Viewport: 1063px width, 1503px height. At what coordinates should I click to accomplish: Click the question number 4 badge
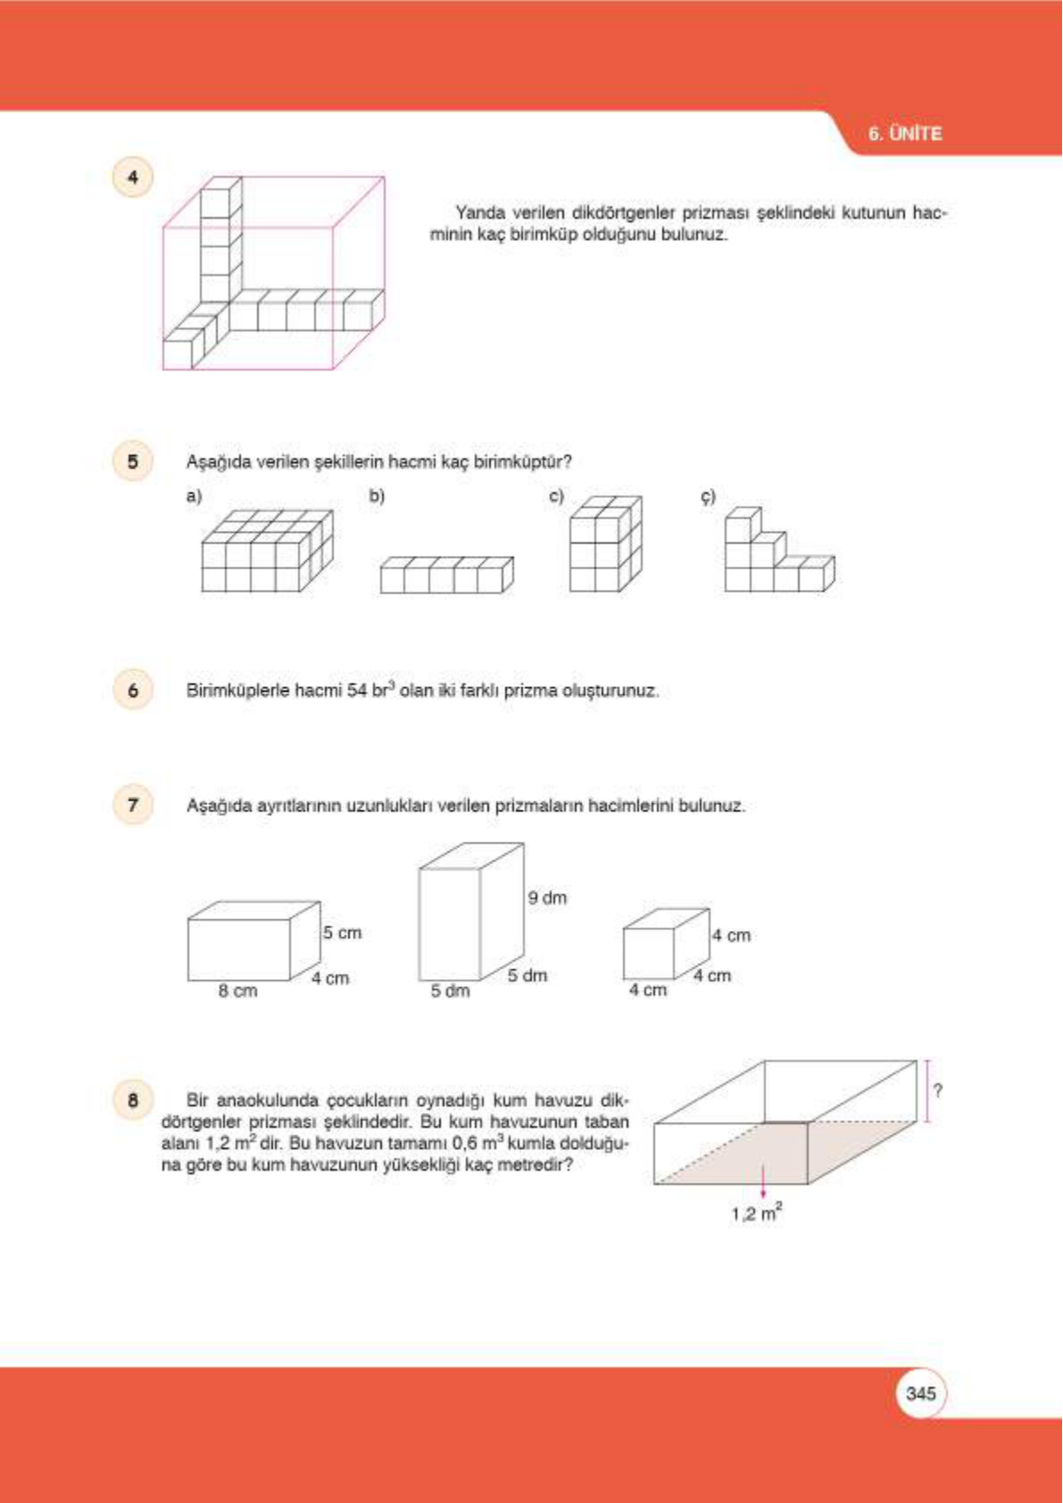133,177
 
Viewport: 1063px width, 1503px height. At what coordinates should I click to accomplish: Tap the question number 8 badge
133,1100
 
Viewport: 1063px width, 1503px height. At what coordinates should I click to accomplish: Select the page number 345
920,1393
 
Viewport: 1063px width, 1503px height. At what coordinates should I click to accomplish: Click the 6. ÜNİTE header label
904,134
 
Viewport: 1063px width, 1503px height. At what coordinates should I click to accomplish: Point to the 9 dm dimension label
546,898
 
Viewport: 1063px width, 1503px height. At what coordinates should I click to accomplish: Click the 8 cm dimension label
237,991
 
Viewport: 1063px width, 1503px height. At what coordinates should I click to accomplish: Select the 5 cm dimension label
342,933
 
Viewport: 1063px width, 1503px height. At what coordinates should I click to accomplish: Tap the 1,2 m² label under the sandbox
757,1213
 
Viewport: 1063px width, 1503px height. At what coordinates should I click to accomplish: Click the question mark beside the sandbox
937,1091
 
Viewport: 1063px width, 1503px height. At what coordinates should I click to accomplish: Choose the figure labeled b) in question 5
446,575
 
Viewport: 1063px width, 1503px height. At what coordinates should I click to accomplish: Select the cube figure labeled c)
605,544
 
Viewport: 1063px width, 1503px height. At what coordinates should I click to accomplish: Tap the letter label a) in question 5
194,495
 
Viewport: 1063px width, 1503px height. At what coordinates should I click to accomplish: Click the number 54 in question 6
356,691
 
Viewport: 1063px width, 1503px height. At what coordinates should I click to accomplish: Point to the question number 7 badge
133,805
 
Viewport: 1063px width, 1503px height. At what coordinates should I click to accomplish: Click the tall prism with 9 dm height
470,912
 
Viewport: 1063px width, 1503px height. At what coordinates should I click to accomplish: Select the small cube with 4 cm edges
664,944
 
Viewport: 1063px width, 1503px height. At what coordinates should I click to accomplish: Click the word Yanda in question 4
480,213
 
